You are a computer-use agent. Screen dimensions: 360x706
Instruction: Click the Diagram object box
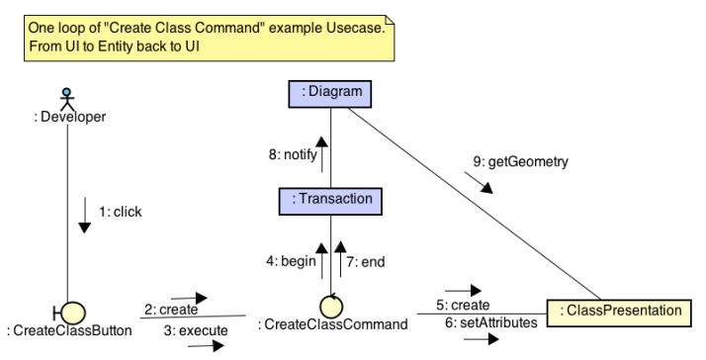coord(330,93)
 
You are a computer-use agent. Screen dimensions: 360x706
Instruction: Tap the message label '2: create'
coord(170,310)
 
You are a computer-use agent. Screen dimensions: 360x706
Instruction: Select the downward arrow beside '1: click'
coord(84,216)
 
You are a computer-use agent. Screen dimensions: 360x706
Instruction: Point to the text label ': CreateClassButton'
coord(68,330)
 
